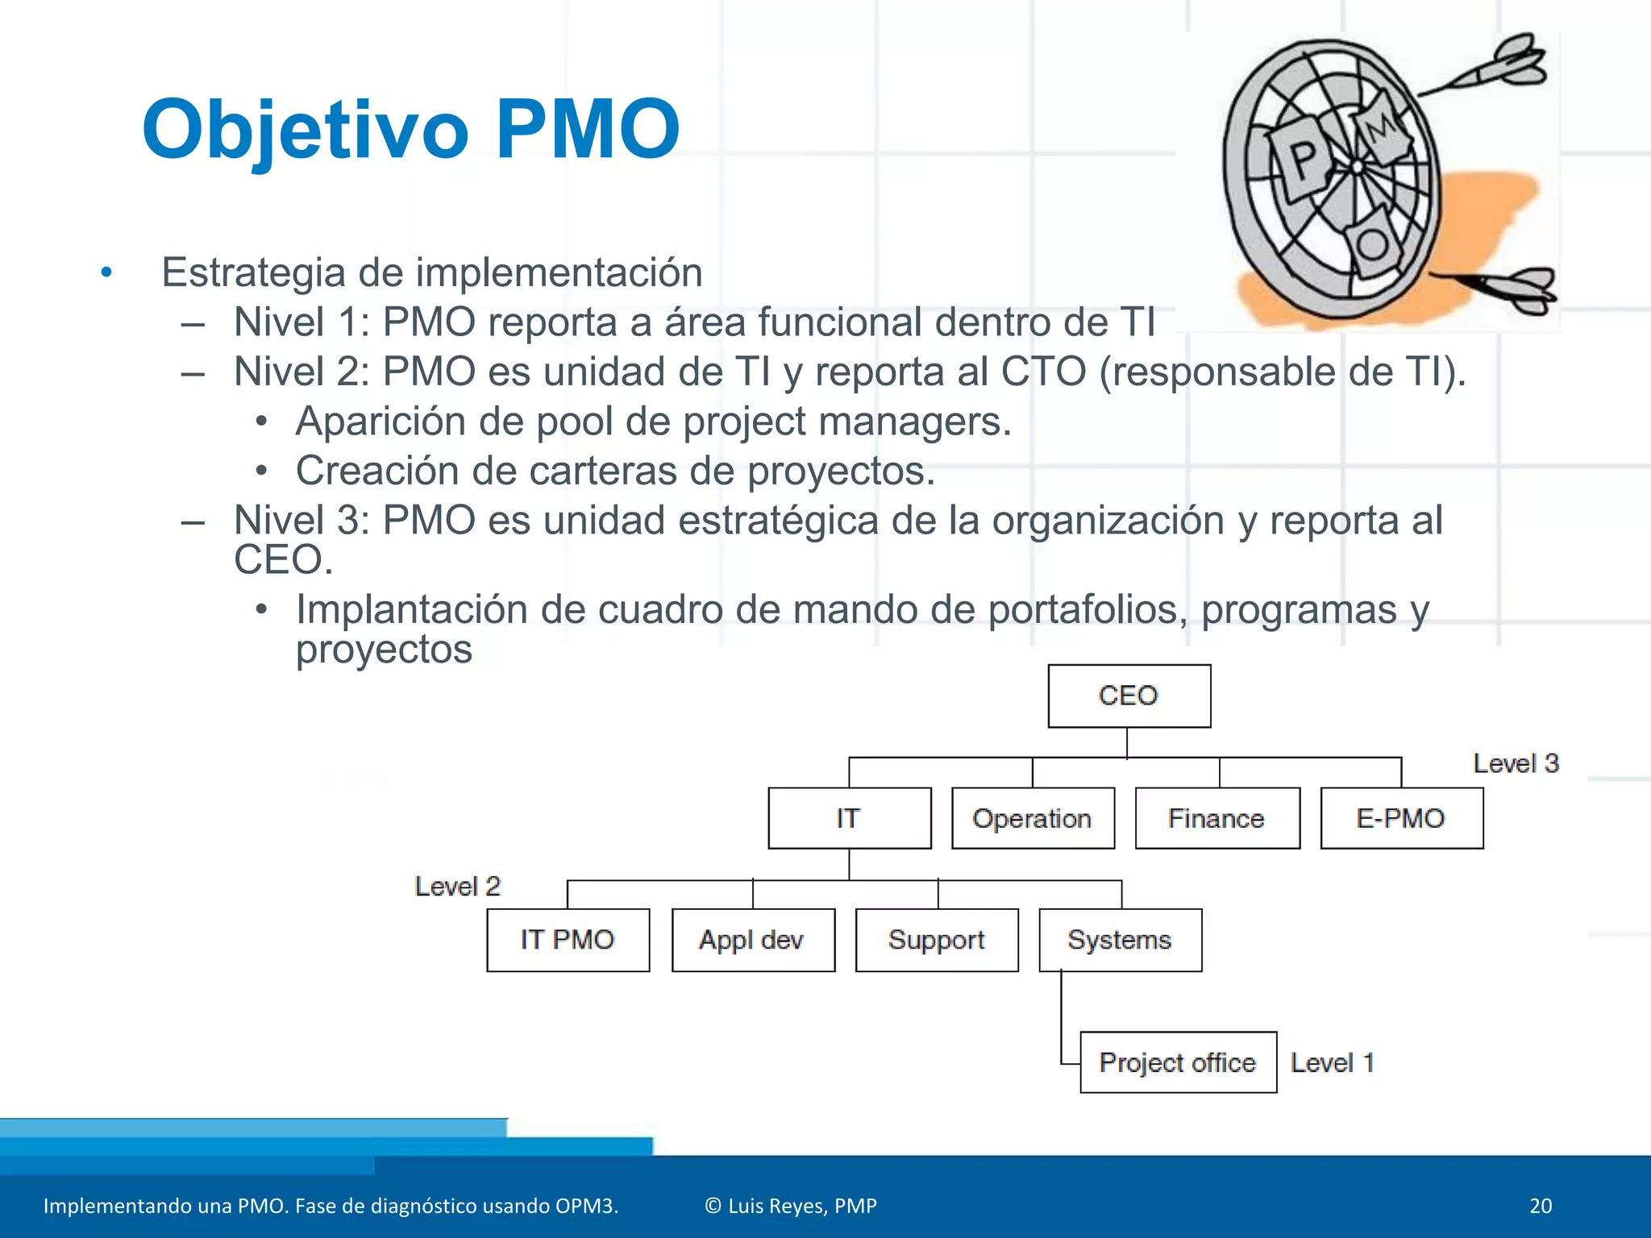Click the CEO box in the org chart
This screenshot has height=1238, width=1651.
tap(1129, 696)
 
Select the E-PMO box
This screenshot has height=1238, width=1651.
tap(1401, 818)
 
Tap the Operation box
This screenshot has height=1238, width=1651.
tap(1033, 818)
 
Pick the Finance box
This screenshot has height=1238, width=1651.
tap(1217, 818)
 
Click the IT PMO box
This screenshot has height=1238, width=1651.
tap(568, 940)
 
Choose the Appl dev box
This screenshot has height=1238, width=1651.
tap(753, 940)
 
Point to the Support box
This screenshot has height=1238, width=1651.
tap(937, 940)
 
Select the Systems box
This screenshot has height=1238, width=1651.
tap(1120, 940)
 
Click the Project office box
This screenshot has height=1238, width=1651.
tap(1178, 1062)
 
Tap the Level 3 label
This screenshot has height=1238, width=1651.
tap(1516, 763)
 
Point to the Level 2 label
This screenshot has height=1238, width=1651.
tap(457, 887)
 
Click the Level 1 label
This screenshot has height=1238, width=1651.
tap(1332, 1062)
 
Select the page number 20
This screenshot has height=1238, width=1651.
tap(1540, 1206)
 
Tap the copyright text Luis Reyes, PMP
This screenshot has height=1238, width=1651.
tap(791, 1206)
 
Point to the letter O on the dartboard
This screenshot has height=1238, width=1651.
tap(1372, 244)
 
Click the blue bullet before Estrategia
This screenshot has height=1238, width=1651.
tap(106, 272)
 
